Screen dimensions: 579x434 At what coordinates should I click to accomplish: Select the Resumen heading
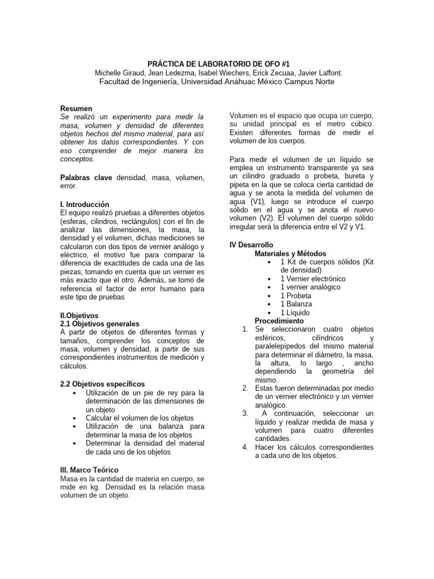pyautogui.click(x=76, y=108)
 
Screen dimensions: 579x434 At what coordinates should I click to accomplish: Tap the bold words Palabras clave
pyautogui.click(x=86, y=177)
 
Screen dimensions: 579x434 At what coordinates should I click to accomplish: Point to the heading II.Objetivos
pyautogui.click(x=79, y=315)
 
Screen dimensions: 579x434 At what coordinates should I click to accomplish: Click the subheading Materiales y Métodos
pyautogui.click(x=290, y=253)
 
